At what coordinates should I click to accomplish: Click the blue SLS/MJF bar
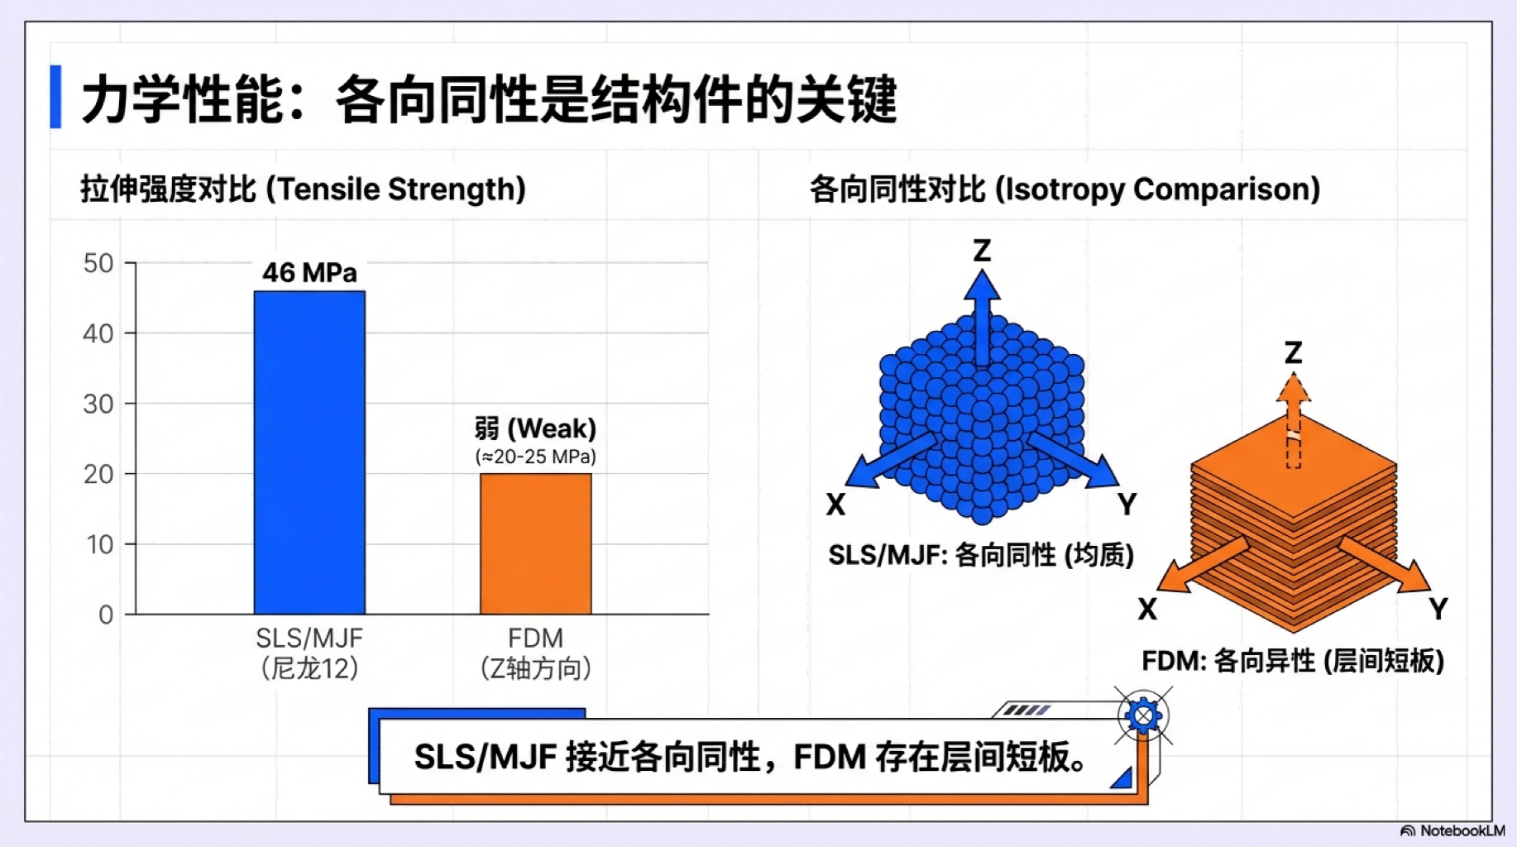309,452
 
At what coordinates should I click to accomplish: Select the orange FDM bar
535,543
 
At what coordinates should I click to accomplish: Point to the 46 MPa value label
309,272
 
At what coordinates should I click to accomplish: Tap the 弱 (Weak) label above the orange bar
535,428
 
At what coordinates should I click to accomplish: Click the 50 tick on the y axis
98,263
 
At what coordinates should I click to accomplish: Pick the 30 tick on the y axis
98,404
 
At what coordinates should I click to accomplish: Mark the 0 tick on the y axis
106,615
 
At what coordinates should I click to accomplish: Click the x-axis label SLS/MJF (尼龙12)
309,653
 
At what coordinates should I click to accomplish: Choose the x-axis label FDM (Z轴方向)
535,653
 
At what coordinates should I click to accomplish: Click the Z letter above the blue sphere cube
982,250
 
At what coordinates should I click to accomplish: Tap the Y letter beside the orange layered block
1438,609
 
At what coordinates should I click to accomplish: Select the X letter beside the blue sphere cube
835,504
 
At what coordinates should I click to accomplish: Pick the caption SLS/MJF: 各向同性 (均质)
981,555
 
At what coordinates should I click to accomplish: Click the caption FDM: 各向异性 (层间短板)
1293,661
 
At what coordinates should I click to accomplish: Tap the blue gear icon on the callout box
1143,715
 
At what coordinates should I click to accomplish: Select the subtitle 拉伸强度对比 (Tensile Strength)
303,189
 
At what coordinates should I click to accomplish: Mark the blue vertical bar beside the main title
55,97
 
